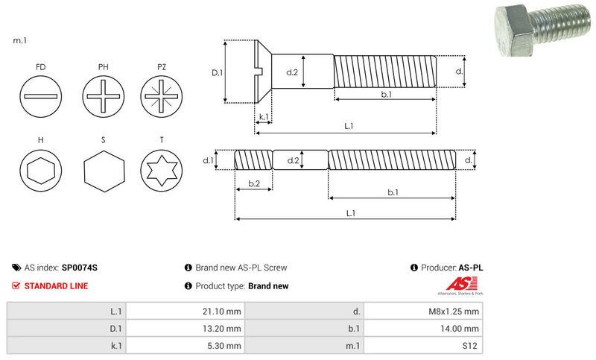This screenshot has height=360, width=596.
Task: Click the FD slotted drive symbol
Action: [x=39, y=97]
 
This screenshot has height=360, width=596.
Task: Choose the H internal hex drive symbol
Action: [x=39, y=173]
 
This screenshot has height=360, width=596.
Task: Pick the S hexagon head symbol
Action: [x=103, y=173]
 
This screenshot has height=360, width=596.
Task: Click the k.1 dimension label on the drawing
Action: [x=263, y=117]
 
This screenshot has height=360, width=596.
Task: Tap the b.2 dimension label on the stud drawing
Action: [x=253, y=183]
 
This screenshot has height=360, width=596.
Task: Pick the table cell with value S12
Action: [x=469, y=346]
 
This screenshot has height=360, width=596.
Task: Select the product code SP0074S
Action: [x=80, y=267]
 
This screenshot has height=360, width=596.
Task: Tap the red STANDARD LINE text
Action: [x=56, y=285]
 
